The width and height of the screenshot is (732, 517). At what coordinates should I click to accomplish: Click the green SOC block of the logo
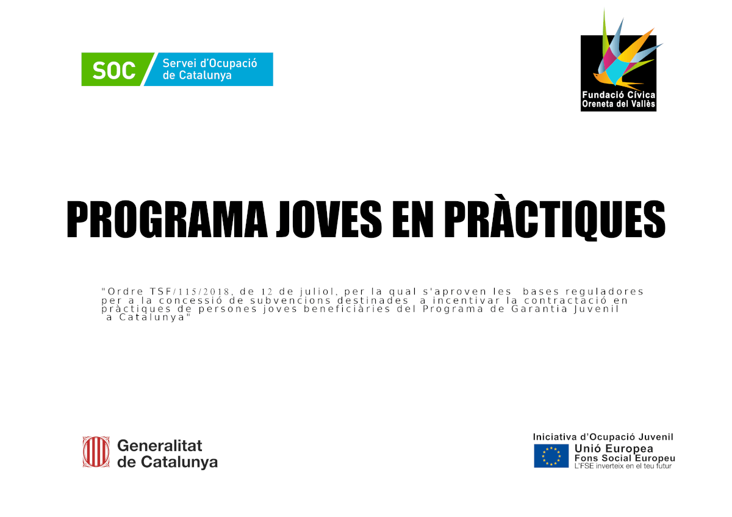115,70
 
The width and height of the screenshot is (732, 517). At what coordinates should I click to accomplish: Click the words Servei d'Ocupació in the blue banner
210,63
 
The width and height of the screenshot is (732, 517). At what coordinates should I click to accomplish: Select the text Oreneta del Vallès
619,104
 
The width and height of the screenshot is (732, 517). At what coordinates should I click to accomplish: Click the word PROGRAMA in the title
167,219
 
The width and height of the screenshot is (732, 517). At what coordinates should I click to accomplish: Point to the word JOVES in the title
329,219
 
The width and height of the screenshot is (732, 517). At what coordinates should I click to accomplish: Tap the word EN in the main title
413,219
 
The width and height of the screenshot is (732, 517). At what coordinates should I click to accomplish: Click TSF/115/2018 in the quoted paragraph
190,291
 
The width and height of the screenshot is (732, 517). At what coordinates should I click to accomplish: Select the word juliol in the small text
317,291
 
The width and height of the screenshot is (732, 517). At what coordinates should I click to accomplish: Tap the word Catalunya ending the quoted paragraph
152,318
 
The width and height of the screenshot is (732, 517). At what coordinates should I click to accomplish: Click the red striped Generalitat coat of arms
96,452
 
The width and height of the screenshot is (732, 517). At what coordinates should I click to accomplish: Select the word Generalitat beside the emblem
160,446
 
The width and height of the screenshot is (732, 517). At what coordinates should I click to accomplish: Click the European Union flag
551,455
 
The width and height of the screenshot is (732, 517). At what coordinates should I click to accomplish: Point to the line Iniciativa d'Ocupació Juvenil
603,437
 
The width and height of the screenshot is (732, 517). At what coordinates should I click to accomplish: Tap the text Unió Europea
614,449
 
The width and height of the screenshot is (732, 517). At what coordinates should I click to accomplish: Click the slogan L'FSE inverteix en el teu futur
623,466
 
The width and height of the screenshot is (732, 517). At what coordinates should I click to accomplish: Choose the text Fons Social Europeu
625,458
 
